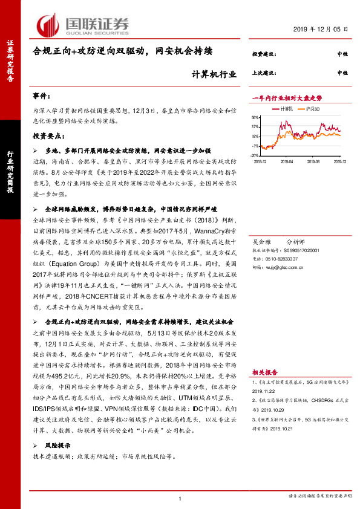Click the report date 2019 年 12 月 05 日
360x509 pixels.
pos(321,29)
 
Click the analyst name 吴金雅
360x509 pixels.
pos(262,240)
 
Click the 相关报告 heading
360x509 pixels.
pos(264,374)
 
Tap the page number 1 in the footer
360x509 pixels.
pos(180,499)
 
